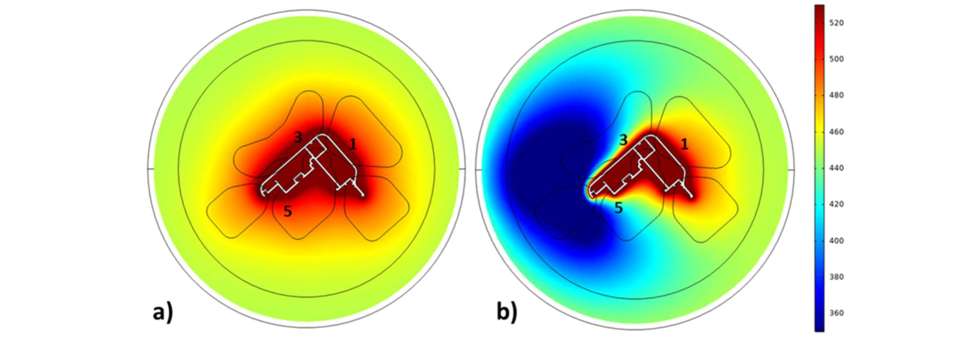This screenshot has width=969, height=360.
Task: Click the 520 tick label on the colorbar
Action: [x=836, y=23]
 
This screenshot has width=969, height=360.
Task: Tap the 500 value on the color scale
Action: [x=836, y=59]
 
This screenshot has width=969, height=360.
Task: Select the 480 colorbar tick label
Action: [x=836, y=95]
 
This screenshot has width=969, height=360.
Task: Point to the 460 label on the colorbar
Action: [x=836, y=132]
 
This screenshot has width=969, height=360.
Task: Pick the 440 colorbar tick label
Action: [x=836, y=168]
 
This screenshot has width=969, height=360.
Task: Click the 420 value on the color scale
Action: [x=836, y=204]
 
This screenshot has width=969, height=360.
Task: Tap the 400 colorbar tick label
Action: [x=836, y=241]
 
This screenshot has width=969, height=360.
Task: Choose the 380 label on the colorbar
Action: [x=836, y=277]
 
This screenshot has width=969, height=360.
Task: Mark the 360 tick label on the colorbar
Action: [x=836, y=313]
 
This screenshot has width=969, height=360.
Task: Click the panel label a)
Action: [x=163, y=312]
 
